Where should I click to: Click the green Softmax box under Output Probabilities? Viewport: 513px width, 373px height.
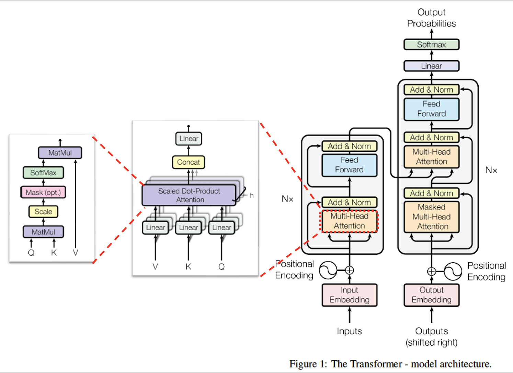coord(432,44)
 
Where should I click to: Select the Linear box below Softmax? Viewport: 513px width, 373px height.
coord(432,66)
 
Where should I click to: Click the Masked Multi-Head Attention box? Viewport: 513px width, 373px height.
coord(432,217)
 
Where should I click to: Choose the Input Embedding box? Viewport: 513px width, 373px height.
coord(349,295)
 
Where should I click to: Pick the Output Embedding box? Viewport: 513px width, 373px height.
coord(432,295)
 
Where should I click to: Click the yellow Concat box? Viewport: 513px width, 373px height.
coord(189,162)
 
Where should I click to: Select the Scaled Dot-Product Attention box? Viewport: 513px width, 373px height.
coord(189,195)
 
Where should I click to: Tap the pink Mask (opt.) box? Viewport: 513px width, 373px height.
coord(43,192)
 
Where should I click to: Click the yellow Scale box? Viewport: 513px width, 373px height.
coord(43,211)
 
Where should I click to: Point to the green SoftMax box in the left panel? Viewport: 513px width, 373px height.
coord(43,173)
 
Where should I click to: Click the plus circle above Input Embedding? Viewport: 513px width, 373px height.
coord(350,270)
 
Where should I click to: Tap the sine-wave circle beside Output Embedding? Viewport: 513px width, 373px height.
coord(453,271)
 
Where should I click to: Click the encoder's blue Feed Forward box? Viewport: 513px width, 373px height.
coord(349,165)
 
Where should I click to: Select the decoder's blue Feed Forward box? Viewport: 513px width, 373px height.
coord(432,109)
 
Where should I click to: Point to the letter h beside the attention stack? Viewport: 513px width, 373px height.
coord(251,195)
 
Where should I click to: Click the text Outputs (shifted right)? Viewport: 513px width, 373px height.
coord(432,337)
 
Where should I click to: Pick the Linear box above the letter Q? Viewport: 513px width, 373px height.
coord(221,227)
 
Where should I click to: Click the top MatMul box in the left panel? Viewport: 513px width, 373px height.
coord(60,153)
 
